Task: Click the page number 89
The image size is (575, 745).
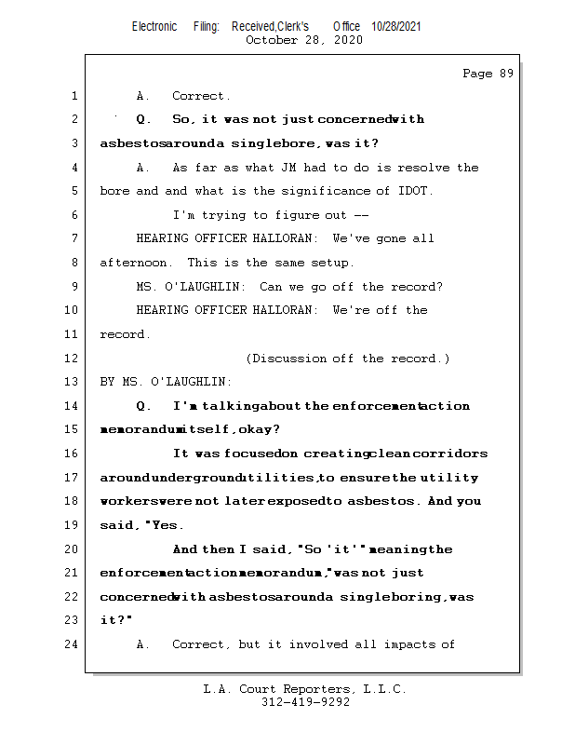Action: click(x=504, y=74)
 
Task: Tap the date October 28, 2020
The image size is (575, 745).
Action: click(x=303, y=40)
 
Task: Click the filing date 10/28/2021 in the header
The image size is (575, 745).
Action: click(x=396, y=26)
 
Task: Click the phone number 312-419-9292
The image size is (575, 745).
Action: click(x=305, y=702)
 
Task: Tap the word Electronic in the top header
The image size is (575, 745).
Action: click(x=154, y=26)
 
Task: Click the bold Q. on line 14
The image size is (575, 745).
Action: click(x=143, y=406)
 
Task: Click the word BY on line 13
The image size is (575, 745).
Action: click(x=107, y=382)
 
